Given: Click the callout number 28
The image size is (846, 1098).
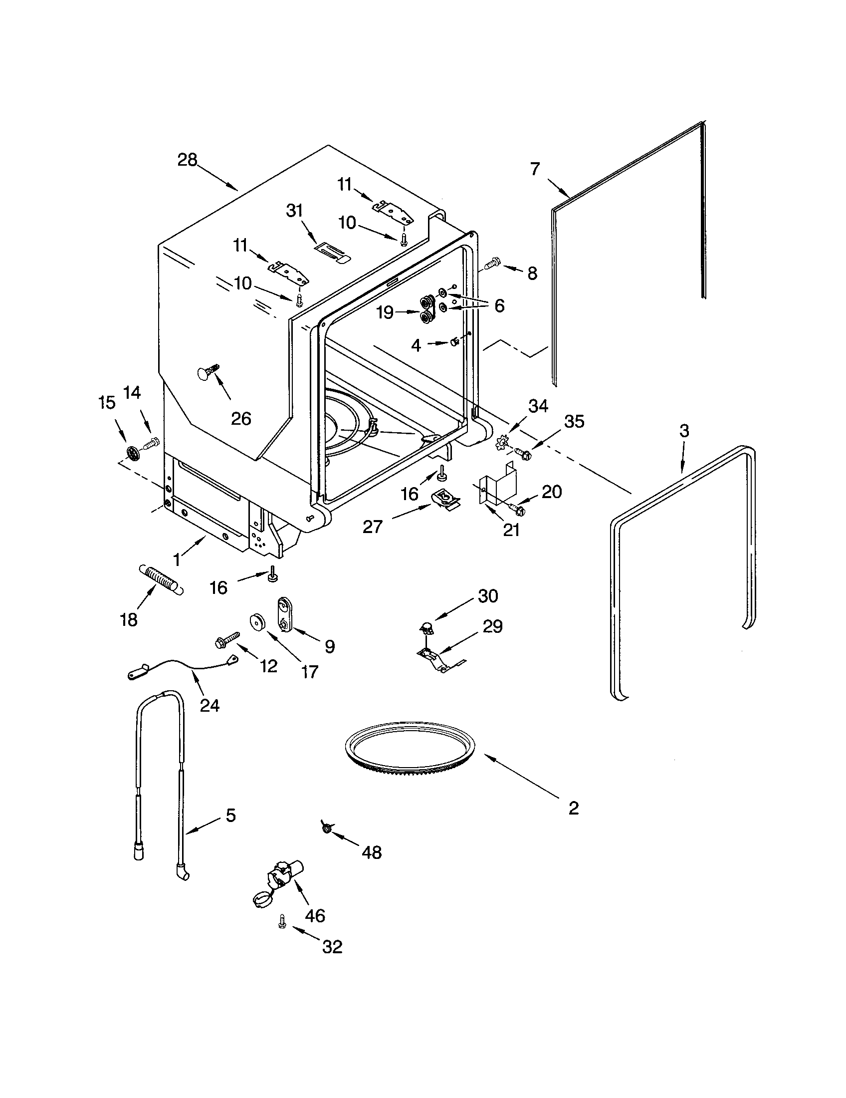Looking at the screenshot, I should pyautogui.click(x=187, y=160).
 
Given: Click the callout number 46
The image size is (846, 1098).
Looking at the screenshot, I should pyautogui.click(x=315, y=915).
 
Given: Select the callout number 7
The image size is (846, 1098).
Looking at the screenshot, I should pyautogui.click(x=535, y=169).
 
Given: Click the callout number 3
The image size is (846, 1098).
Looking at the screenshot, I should pyautogui.click(x=684, y=430).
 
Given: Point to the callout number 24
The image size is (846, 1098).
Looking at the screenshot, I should pyautogui.click(x=210, y=705).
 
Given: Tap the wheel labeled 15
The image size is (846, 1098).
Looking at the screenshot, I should pyautogui.click(x=132, y=451).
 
